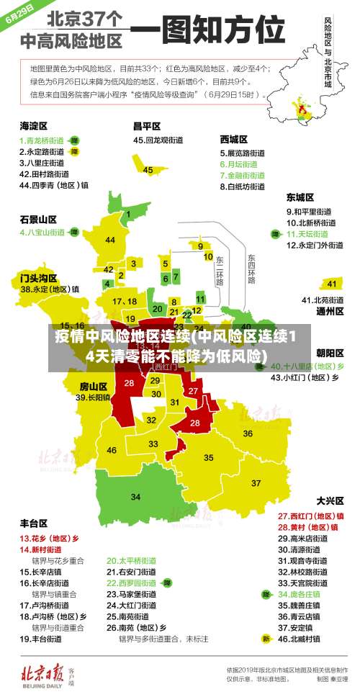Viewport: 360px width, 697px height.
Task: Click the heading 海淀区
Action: [33, 126]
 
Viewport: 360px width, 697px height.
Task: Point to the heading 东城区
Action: [300, 197]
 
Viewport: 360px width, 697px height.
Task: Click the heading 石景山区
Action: [37, 218]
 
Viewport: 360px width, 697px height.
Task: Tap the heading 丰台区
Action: [34, 523]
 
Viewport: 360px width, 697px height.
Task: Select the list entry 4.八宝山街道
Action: [42, 233]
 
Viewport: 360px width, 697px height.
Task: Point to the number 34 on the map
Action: [135, 497]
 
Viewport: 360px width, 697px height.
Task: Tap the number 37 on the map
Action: [256, 482]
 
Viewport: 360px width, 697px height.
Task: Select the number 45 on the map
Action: [148, 170]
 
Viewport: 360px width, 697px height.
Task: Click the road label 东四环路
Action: [251, 268]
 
